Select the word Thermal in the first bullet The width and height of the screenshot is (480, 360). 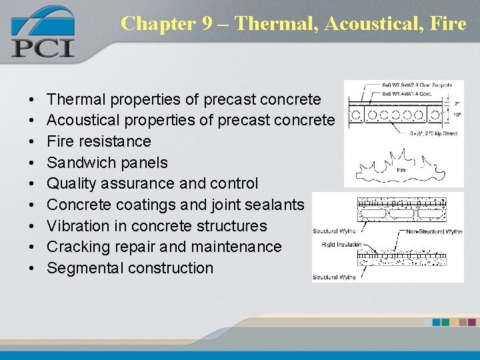(77, 99)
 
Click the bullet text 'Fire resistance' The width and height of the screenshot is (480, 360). (99, 141)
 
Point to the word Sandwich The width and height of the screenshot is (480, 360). (79, 163)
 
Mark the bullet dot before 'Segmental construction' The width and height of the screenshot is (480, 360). (33, 268)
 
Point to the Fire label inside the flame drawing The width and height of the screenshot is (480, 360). (401, 170)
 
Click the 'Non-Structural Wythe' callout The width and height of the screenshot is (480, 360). (433, 231)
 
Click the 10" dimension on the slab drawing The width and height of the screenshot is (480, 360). (457, 115)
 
